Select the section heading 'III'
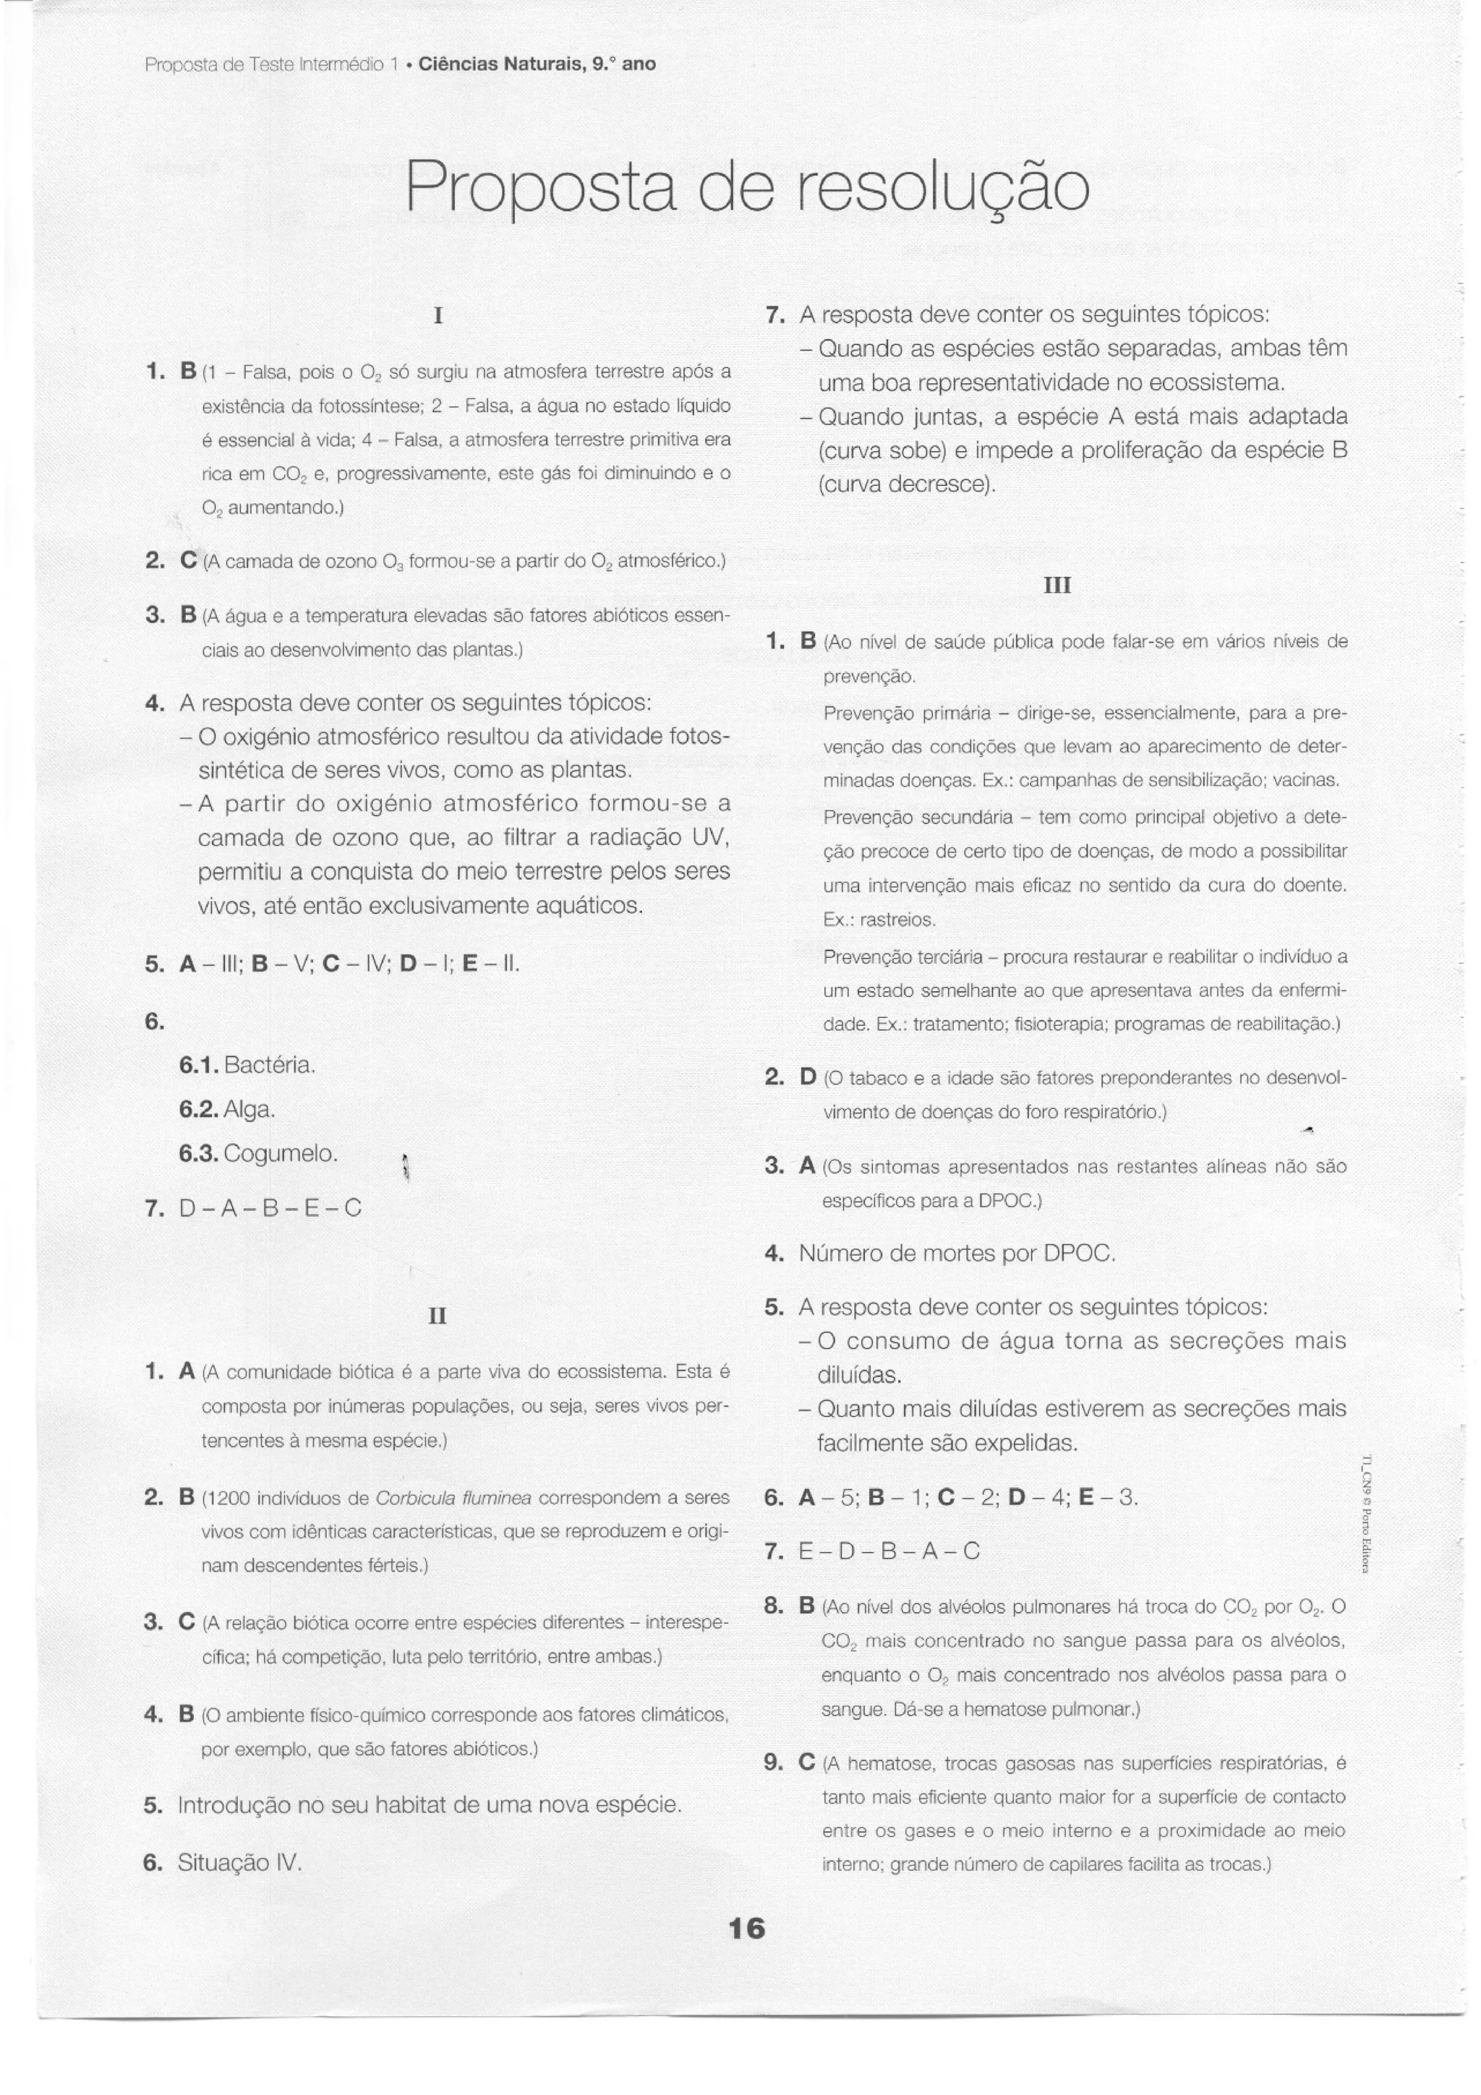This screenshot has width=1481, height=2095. click(x=1057, y=585)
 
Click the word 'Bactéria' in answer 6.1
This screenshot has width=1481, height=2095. click(x=269, y=1065)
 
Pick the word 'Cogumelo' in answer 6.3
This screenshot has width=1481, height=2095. click(x=280, y=1153)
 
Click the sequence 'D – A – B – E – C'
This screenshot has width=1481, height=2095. click(x=271, y=1208)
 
